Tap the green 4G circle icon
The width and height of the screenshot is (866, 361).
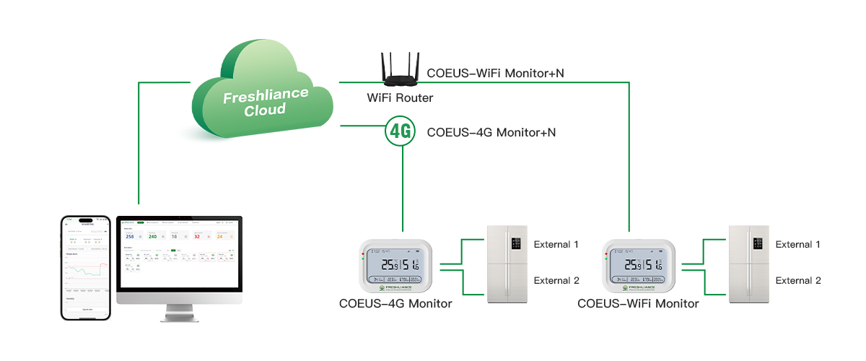tap(401, 131)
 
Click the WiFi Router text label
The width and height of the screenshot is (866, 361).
tap(401, 97)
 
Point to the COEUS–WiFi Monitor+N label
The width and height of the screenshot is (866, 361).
tap(495, 73)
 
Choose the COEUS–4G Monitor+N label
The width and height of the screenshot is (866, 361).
tap(491, 132)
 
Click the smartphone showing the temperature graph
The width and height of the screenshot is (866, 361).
tap(86, 267)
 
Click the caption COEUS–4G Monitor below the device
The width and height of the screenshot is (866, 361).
tap(395, 304)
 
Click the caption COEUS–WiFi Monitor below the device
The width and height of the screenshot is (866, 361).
tap(638, 304)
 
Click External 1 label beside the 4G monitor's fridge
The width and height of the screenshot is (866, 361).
tap(556, 245)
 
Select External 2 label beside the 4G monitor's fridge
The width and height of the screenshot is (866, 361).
tap(556, 281)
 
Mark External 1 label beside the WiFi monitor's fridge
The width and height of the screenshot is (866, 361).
tap(797, 245)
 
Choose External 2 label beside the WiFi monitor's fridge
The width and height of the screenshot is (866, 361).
tap(797, 281)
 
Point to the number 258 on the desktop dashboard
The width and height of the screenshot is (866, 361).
tap(130, 236)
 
